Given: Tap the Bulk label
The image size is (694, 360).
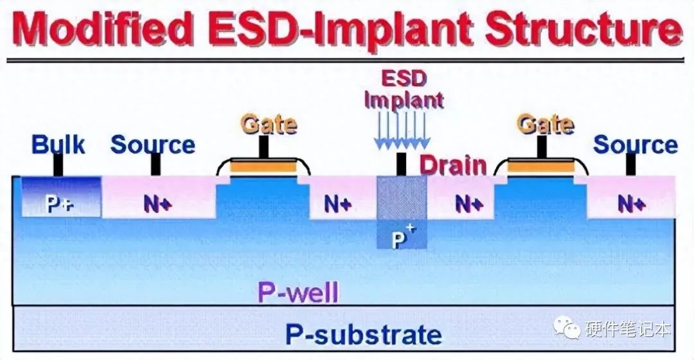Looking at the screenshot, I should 58,145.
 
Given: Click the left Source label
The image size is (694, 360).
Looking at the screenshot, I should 152,145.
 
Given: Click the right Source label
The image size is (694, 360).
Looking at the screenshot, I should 634,145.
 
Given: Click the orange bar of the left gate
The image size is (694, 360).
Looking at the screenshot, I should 263,168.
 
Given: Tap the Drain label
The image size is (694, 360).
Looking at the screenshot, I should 453,166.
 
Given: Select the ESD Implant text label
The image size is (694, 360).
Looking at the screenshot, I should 403,90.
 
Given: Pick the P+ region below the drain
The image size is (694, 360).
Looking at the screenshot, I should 401,237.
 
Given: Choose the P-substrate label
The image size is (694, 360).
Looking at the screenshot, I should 364,334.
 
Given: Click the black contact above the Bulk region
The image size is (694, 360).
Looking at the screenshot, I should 58,166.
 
